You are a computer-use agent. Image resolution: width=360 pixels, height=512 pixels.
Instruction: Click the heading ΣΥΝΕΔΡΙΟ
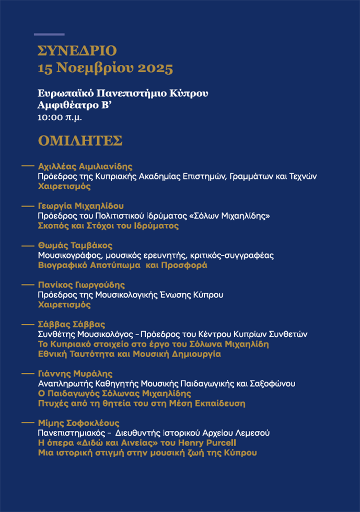[x=77, y=51]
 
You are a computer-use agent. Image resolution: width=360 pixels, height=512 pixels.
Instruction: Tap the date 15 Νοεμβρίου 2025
[x=105, y=68]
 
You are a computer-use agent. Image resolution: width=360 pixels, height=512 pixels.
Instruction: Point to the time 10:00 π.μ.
[x=60, y=117]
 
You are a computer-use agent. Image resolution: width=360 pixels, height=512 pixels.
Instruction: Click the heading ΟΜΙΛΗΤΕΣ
[x=80, y=141]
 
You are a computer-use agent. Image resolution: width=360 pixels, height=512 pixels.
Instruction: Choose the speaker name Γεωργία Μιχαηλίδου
[x=80, y=206]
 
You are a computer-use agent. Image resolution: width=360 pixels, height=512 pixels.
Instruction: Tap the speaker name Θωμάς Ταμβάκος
[x=75, y=245]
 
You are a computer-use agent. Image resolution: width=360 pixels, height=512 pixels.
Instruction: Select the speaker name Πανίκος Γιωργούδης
[x=81, y=285]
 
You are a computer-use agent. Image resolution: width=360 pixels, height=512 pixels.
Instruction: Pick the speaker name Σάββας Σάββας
[x=72, y=324]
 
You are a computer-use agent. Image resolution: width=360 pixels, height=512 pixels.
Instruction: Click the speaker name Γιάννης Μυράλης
[x=75, y=373]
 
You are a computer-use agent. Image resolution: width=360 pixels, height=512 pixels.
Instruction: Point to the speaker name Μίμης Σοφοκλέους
[x=79, y=423]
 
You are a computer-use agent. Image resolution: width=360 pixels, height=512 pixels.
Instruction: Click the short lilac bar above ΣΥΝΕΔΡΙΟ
[x=49, y=35]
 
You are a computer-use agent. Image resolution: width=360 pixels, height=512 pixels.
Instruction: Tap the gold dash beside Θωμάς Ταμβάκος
[x=27, y=245]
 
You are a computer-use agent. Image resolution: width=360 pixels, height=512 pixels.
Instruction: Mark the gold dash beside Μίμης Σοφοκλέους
[x=27, y=423]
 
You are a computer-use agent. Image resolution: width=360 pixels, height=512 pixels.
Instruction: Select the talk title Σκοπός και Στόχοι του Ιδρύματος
[x=108, y=226]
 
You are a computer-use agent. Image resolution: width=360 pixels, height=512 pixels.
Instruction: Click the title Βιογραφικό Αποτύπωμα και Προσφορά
[x=122, y=265]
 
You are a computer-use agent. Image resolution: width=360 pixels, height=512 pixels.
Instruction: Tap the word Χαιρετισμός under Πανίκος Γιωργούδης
[x=64, y=305]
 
